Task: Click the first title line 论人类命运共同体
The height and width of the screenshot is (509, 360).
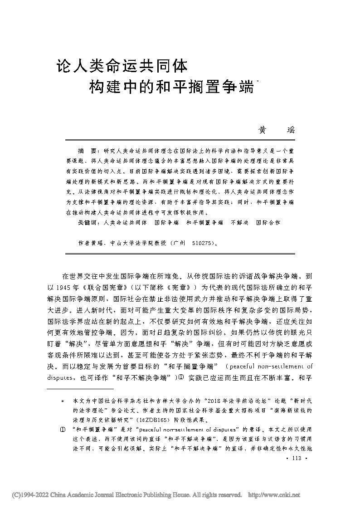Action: click(122, 66)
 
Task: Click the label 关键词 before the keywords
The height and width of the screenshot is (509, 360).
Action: click(87, 223)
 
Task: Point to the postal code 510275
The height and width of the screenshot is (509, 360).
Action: click(201, 243)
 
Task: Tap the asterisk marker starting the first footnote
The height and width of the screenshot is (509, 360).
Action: click(63, 401)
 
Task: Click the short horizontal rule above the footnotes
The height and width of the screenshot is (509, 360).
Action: click(80, 389)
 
